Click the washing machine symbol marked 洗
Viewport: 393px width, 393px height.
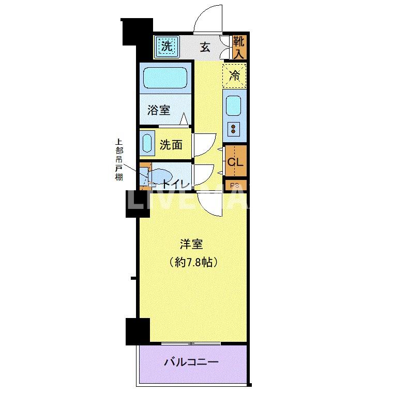(166, 47)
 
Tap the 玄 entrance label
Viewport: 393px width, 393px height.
(205, 48)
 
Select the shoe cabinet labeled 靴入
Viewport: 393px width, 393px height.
(238, 47)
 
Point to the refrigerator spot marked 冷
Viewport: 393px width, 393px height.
(234, 76)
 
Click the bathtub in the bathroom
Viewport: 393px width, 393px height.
(165, 79)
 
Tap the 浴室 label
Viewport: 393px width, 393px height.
(159, 110)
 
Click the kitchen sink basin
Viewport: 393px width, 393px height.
(233, 106)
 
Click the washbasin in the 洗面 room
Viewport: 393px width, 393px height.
(147, 144)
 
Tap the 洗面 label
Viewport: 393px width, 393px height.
(171, 145)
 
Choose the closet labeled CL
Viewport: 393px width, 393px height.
(235, 161)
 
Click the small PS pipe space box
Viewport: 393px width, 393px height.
(235, 185)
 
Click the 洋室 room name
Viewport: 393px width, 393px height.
(191, 243)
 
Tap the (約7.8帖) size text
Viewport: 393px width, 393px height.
(191, 262)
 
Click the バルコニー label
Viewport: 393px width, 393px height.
(191, 362)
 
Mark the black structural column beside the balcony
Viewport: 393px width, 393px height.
(138, 331)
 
